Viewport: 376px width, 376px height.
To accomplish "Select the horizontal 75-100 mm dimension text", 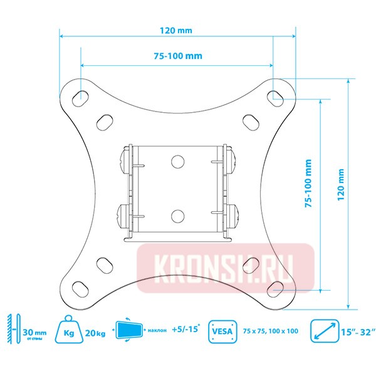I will [177, 56].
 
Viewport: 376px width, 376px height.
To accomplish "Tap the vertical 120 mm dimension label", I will [341, 182].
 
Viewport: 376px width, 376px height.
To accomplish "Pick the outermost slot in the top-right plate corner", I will [275, 97].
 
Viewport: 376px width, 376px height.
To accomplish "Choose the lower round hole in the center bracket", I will [177, 216].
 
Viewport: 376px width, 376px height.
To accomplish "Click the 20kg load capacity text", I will [95, 332].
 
